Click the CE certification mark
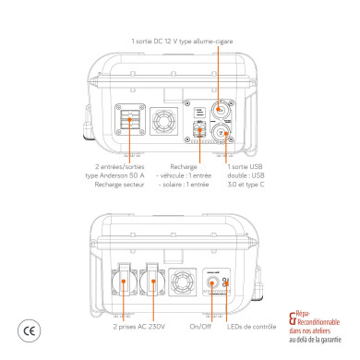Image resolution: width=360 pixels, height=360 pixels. click(x=28, y=330)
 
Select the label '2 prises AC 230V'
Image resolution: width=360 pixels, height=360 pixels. click(x=138, y=327)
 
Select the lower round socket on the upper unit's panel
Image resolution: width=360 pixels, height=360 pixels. click(x=222, y=133)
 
